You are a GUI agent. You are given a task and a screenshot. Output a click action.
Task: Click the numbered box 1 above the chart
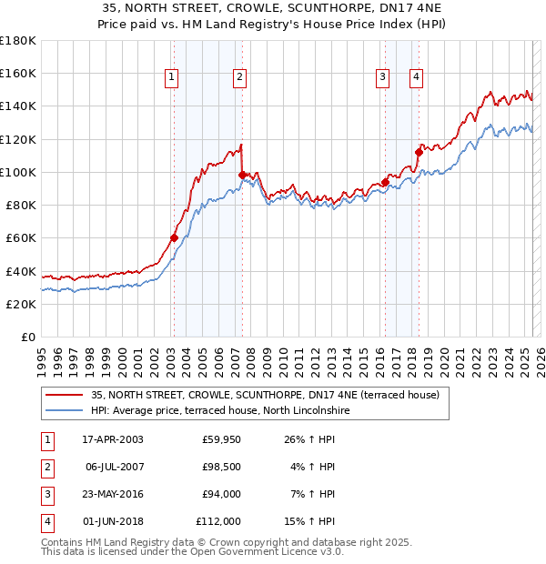(x=171, y=78)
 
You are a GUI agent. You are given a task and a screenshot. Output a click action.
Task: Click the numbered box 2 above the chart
(x=238, y=78)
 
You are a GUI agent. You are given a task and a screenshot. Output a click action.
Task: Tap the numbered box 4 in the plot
(x=415, y=78)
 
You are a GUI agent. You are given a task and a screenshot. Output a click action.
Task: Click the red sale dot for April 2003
(x=174, y=238)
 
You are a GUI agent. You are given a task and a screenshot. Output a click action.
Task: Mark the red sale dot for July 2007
(x=242, y=175)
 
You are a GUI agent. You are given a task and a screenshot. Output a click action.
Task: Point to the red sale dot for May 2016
(x=385, y=182)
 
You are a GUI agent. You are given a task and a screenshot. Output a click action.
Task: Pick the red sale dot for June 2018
(x=419, y=152)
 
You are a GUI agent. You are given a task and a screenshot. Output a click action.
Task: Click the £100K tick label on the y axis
(x=18, y=172)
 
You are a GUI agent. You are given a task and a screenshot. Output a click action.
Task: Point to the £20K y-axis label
(x=21, y=304)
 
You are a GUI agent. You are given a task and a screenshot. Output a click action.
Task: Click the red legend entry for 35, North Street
(x=265, y=395)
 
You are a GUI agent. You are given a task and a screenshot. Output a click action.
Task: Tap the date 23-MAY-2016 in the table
(x=112, y=494)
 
